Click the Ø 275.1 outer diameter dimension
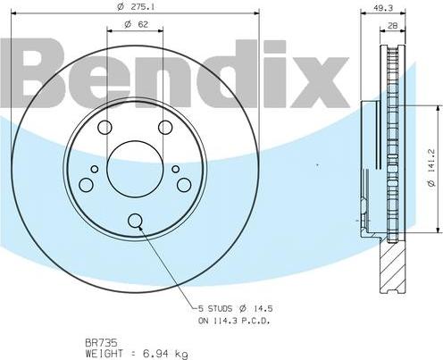(x=136, y=7)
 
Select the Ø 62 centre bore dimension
(x=136, y=24)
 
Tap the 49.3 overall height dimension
(x=383, y=8)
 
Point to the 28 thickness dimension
(x=393, y=26)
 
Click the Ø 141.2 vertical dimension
(x=431, y=168)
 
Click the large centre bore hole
(x=135, y=169)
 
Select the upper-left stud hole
(x=104, y=128)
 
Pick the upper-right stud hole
(x=165, y=128)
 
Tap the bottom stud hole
(x=135, y=221)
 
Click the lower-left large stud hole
(x=87, y=185)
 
